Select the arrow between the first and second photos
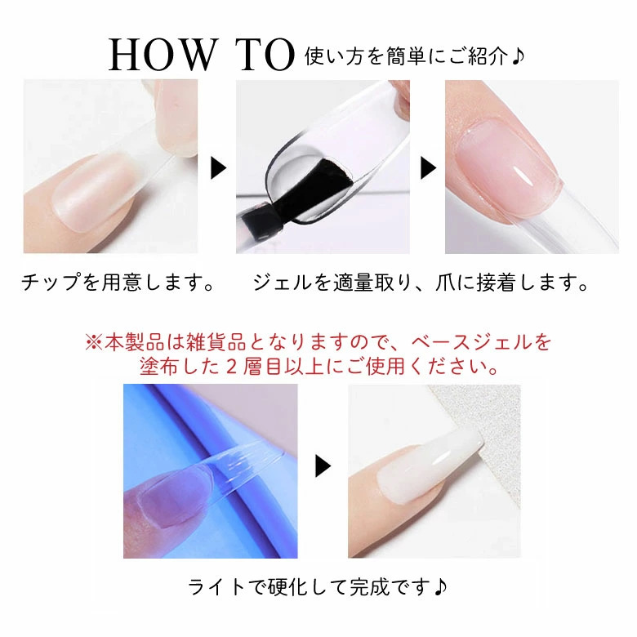pos(218,168)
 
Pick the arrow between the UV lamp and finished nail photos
pos(323,466)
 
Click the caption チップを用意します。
pos(118,284)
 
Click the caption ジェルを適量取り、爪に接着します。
pos(421,284)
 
